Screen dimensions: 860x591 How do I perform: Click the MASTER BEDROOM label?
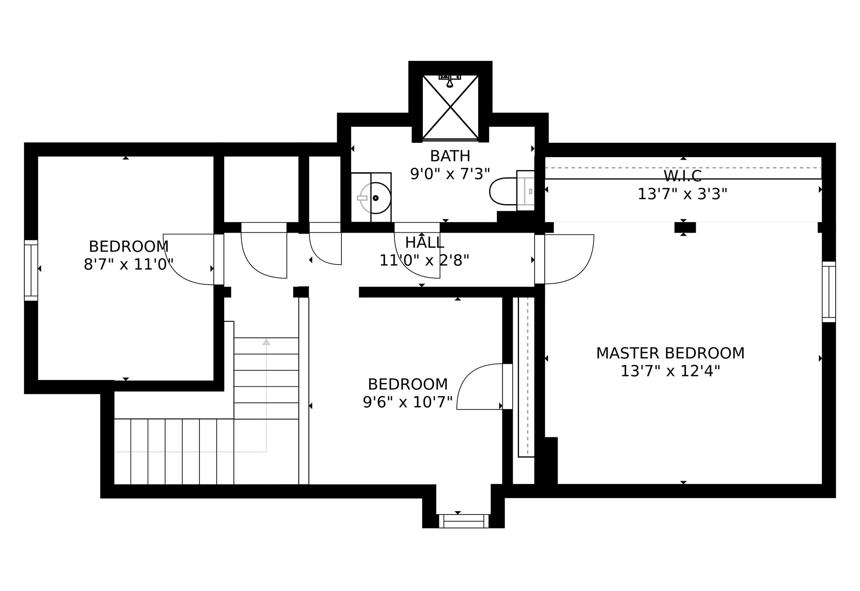pyautogui.click(x=670, y=353)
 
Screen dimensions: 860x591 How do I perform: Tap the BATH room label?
pyautogui.click(x=450, y=156)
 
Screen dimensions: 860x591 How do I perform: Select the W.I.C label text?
pyautogui.click(x=682, y=176)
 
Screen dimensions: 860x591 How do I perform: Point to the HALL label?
pyautogui.click(x=425, y=242)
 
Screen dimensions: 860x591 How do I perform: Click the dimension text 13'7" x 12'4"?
pyautogui.click(x=670, y=371)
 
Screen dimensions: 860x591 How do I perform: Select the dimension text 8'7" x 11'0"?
pyautogui.click(x=128, y=265)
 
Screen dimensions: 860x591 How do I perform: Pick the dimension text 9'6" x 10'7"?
pyautogui.click(x=408, y=402)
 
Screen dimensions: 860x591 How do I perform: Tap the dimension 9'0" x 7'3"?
pyautogui.click(x=450, y=174)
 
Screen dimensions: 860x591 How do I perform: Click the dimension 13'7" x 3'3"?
pyautogui.click(x=682, y=194)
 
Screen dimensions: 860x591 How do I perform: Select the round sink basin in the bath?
pyautogui.click(x=375, y=198)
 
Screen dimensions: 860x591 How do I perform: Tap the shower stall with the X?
pyautogui.click(x=450, y=107)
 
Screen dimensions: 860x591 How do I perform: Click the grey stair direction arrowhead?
pyautogui.click(x=266, y=341)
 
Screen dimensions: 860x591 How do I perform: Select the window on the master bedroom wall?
pyautogui.click(x=829, y=292)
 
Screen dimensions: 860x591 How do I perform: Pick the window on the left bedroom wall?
pyautogui.click(x=31, y=271)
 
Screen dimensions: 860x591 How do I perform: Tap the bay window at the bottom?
pyautogui.click(x=464, y=521)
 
